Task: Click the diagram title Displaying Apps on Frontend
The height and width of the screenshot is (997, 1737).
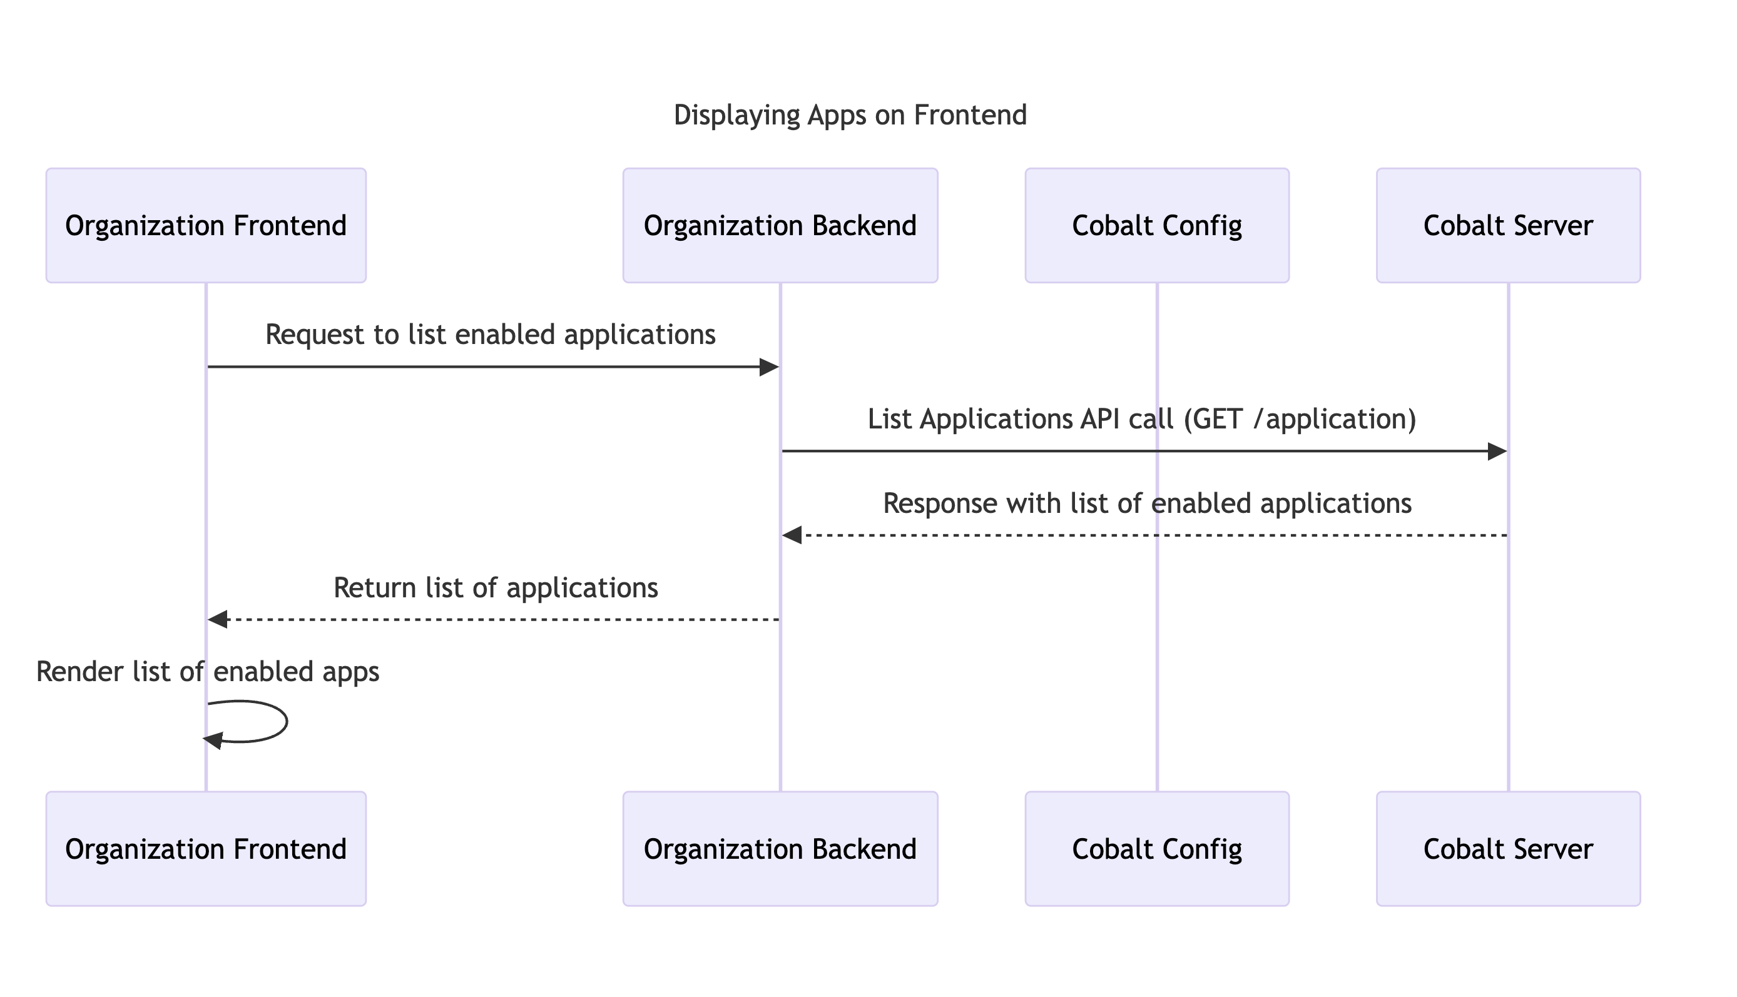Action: pyautogui.click(x=849, y=115)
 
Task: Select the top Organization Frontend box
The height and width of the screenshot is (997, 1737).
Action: pyautogui.click(x=205, y=225)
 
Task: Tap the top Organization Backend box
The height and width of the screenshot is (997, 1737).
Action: pyautogui.click(x=780, y=225)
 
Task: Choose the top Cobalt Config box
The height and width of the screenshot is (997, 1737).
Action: pyautogui.click(x=1156, y=225)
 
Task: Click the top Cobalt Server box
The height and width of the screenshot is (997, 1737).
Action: pyautogui.click(x=1507, y=225)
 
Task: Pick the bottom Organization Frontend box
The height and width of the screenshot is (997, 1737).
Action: pyautogui.click(x=205, y=849)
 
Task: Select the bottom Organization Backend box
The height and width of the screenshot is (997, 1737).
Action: pyautogui.click(x=780, y=849)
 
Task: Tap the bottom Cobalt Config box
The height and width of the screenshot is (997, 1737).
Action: pyautogui.click(x=1156, y=849)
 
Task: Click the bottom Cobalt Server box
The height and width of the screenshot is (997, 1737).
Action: pyautogui.click(x=1507, y=849)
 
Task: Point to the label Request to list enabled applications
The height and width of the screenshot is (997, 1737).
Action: pyautogui.click(x=490, y=335)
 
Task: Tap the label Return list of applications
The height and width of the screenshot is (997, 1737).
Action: pyautogui.click(x=495, y=588)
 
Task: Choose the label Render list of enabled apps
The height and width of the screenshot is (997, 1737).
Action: pyautogui.click(x=208, y=672)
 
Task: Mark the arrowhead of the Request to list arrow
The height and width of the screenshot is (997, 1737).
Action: pyautogui.click(x=770, y=368)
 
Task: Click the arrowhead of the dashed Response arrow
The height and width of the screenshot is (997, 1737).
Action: pyautogui.click(x=792, y=535)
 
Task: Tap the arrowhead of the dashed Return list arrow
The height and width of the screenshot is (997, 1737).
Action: pyautogui.click(x=218, y=620)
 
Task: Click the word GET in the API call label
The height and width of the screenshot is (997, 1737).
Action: pyautogui.click(x=1218, y=419)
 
